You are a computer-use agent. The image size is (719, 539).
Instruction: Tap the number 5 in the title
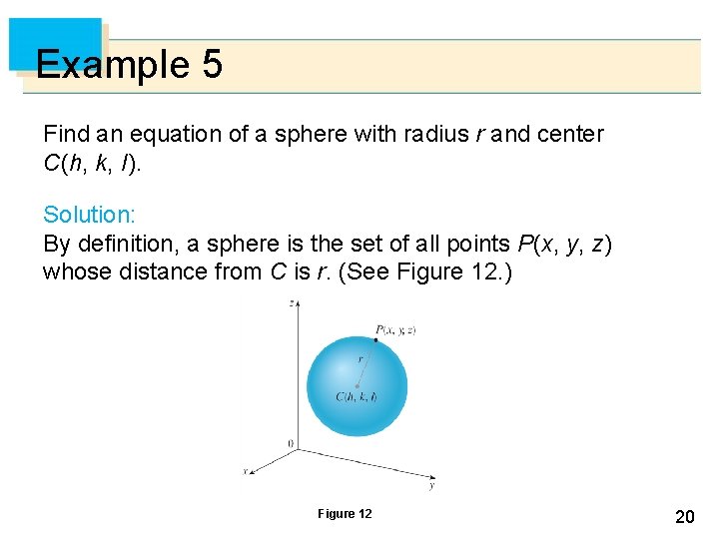click(x=212, y=66)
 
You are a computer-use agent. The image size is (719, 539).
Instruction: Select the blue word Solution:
click(x=89, y=215)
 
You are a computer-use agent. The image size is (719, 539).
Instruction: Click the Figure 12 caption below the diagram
click(x=345, y=514)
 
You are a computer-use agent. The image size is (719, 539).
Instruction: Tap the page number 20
click(x=685, y=516)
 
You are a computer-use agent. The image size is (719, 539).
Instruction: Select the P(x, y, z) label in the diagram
click(x=395, y=329)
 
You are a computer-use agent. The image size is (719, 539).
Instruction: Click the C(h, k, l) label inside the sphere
click(x=357, y=397)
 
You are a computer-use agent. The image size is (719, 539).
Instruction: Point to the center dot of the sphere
click(x=357, y=386)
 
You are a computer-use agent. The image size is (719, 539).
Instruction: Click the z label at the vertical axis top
click(x=290, y=304)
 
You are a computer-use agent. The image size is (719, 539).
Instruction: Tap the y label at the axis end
click(x=431, y=487)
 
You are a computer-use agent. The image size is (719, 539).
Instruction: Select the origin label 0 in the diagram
click(x=290, y=442)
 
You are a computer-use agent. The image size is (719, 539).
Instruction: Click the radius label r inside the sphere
click(x=360, y=359)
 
